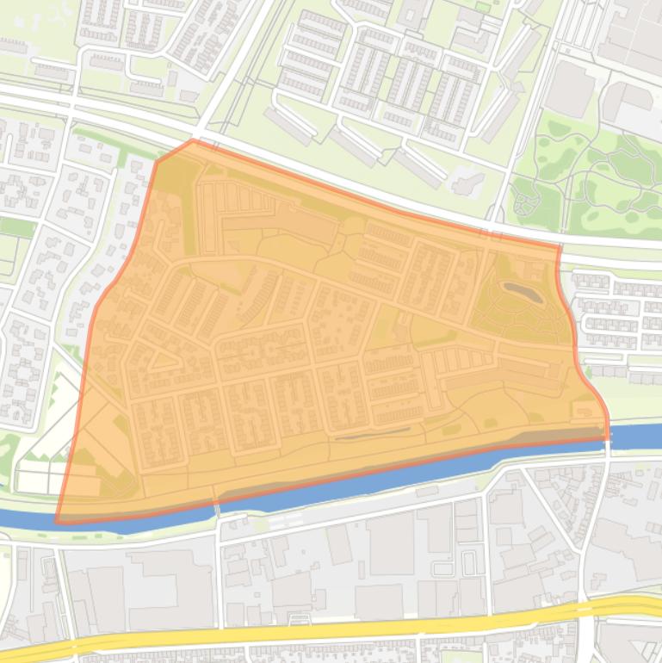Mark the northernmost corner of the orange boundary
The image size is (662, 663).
point(191,141)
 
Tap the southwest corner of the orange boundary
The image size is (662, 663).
point(58,521)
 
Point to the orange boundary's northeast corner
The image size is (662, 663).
point(560,248)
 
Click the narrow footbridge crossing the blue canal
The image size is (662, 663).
point(216,509)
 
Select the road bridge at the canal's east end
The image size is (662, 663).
point(607,439)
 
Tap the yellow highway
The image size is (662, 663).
point(344,635)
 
